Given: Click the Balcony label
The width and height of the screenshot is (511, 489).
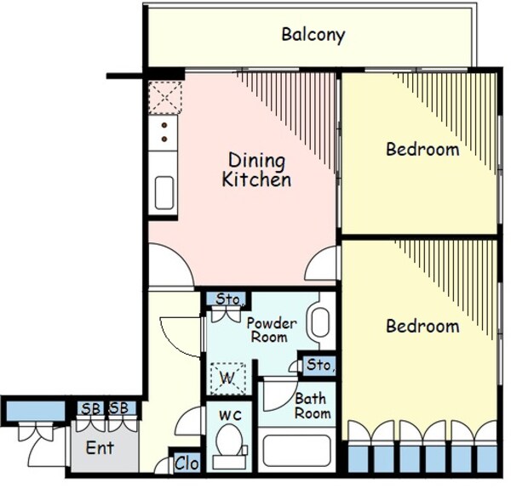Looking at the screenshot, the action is pyautogui.click(x=313, y=35).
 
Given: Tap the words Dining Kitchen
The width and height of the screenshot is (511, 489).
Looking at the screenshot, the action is pyautogui.click(x=256, y=170).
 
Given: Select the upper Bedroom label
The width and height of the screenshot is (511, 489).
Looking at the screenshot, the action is pyautogui.click(x=422, y=150).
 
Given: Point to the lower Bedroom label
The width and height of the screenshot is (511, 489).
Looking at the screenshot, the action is pyautogui.click(x=422, y=326).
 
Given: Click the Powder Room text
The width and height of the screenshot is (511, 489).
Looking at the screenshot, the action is pyautogui.click(x=272, y=330).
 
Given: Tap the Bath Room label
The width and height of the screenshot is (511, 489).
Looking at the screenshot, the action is pyautogui.click(x=313, y=406).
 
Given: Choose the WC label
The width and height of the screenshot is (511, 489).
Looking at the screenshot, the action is pyautogui.click(x=230, y=416).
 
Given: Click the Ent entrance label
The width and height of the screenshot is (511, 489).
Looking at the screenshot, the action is pyautogui.click(x=100, y=448).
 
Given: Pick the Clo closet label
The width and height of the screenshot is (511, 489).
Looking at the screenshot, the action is pyautogui.click(x=187, y=463).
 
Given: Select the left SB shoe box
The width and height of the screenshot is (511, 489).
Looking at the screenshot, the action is pyautogui.click(x=90, y=409).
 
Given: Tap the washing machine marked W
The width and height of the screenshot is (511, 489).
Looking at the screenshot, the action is pyautogui.click(x=227, y=378).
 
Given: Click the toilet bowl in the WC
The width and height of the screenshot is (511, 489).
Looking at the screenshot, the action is pyautogui.click(x=229, y=441).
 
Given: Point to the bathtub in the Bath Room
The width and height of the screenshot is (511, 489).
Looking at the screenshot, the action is pyautogui.click(x=296, y=450).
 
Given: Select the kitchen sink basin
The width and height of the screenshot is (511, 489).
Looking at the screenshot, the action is pyautogui.click(x=164, y=192).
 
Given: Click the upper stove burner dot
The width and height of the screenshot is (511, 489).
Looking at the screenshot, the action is pyautogui.click(x=164, y=125).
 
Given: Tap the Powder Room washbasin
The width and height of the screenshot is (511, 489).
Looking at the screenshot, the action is pyautogui.click(x=320, y=322).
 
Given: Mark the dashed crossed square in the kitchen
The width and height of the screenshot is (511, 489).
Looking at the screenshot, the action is pyautogui.click(x=165, y=98).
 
